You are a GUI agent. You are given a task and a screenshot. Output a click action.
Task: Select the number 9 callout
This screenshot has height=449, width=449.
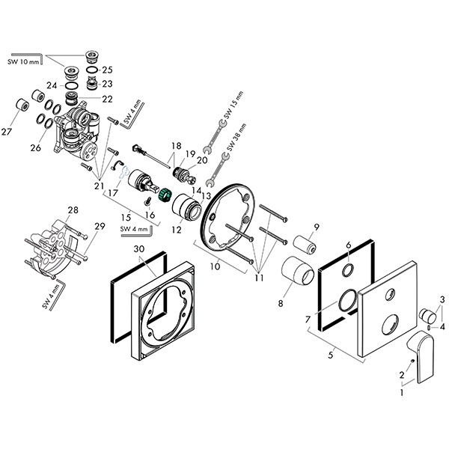point(317,226)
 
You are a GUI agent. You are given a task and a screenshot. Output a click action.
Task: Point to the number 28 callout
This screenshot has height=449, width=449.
point(73,210)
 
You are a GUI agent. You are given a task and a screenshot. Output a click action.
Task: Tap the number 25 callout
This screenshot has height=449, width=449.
point(107,70)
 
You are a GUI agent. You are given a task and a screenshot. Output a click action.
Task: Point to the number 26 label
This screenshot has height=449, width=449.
point(35,148)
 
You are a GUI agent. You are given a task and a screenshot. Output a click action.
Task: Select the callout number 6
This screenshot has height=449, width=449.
point(348,245)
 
